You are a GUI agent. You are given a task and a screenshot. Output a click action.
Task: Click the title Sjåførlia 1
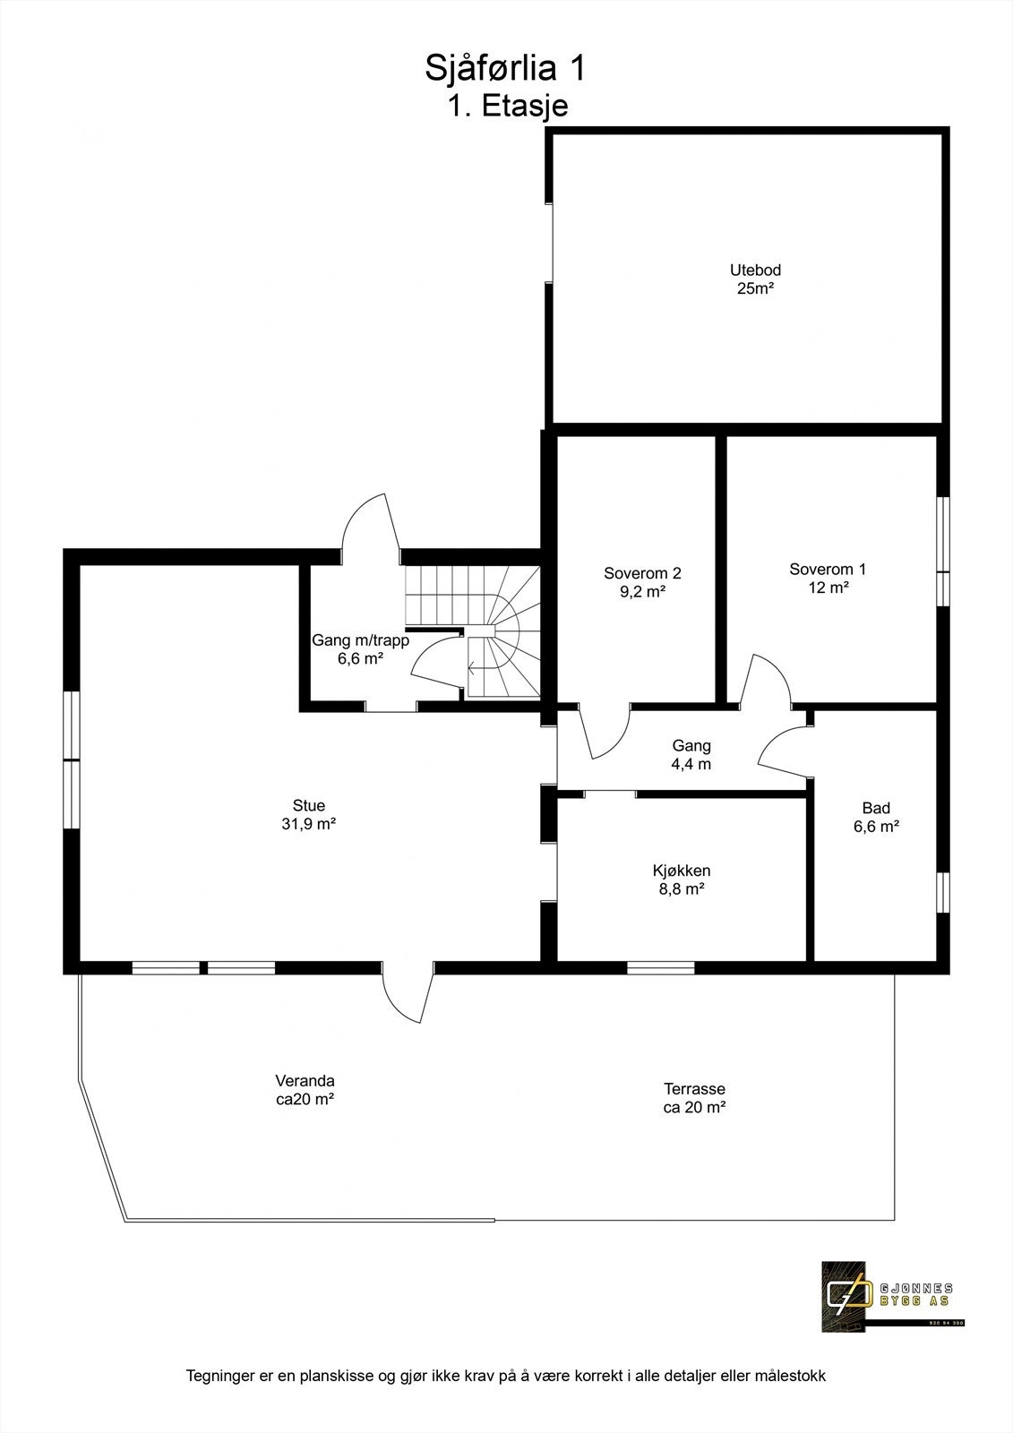[506, 68]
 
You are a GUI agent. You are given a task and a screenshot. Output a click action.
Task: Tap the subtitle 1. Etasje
[507, 106]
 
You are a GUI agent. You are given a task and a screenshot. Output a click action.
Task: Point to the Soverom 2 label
[642, 582]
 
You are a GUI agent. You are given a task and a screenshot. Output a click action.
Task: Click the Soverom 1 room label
[828, 578]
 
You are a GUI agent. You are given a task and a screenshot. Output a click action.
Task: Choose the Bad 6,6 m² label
[876, 817]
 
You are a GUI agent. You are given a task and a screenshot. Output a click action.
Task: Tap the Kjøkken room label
[681, 879]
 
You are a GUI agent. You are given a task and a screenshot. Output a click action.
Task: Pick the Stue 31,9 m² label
[308, 814]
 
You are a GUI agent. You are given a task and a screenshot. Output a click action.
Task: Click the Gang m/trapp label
[360, 649]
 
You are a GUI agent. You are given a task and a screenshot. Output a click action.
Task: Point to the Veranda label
[305, 1090]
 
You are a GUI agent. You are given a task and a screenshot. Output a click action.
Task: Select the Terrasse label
[694, 1097]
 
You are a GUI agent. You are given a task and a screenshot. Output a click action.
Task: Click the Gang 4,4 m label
[691, 755]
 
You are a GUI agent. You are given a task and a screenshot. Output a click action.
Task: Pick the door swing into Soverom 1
[766, 682]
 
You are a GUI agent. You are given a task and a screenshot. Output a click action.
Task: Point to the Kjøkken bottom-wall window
[660, 967]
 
